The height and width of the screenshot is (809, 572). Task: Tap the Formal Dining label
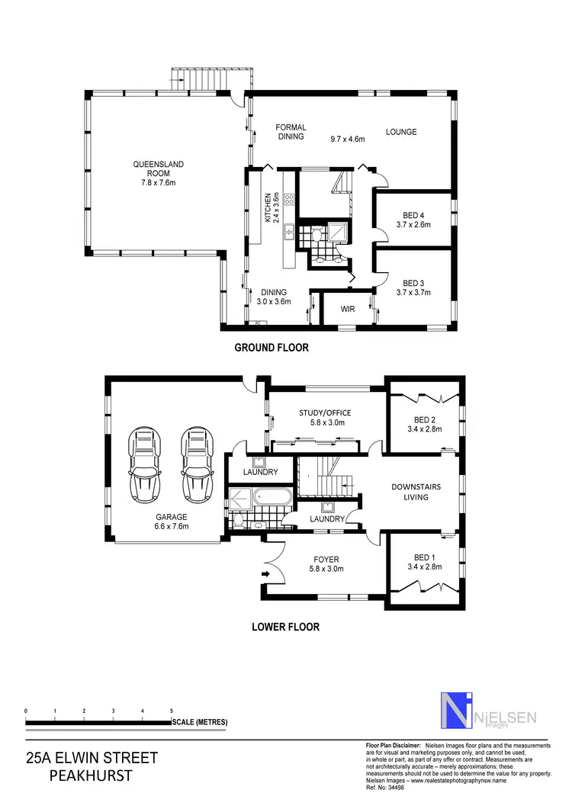point(291,132)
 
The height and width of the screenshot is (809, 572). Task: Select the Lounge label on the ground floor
point(400,132)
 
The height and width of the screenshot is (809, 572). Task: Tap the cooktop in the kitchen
point(289,201)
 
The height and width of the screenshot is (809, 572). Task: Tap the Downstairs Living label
point(416,492)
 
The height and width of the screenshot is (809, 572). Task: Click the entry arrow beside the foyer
point(265,573)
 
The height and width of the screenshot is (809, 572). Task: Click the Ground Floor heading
point(271,348)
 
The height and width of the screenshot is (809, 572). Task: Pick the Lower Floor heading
point(285,628)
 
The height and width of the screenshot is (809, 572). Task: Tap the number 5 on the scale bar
point(171,711)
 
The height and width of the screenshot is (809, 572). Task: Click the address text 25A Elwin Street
point(92,758)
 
